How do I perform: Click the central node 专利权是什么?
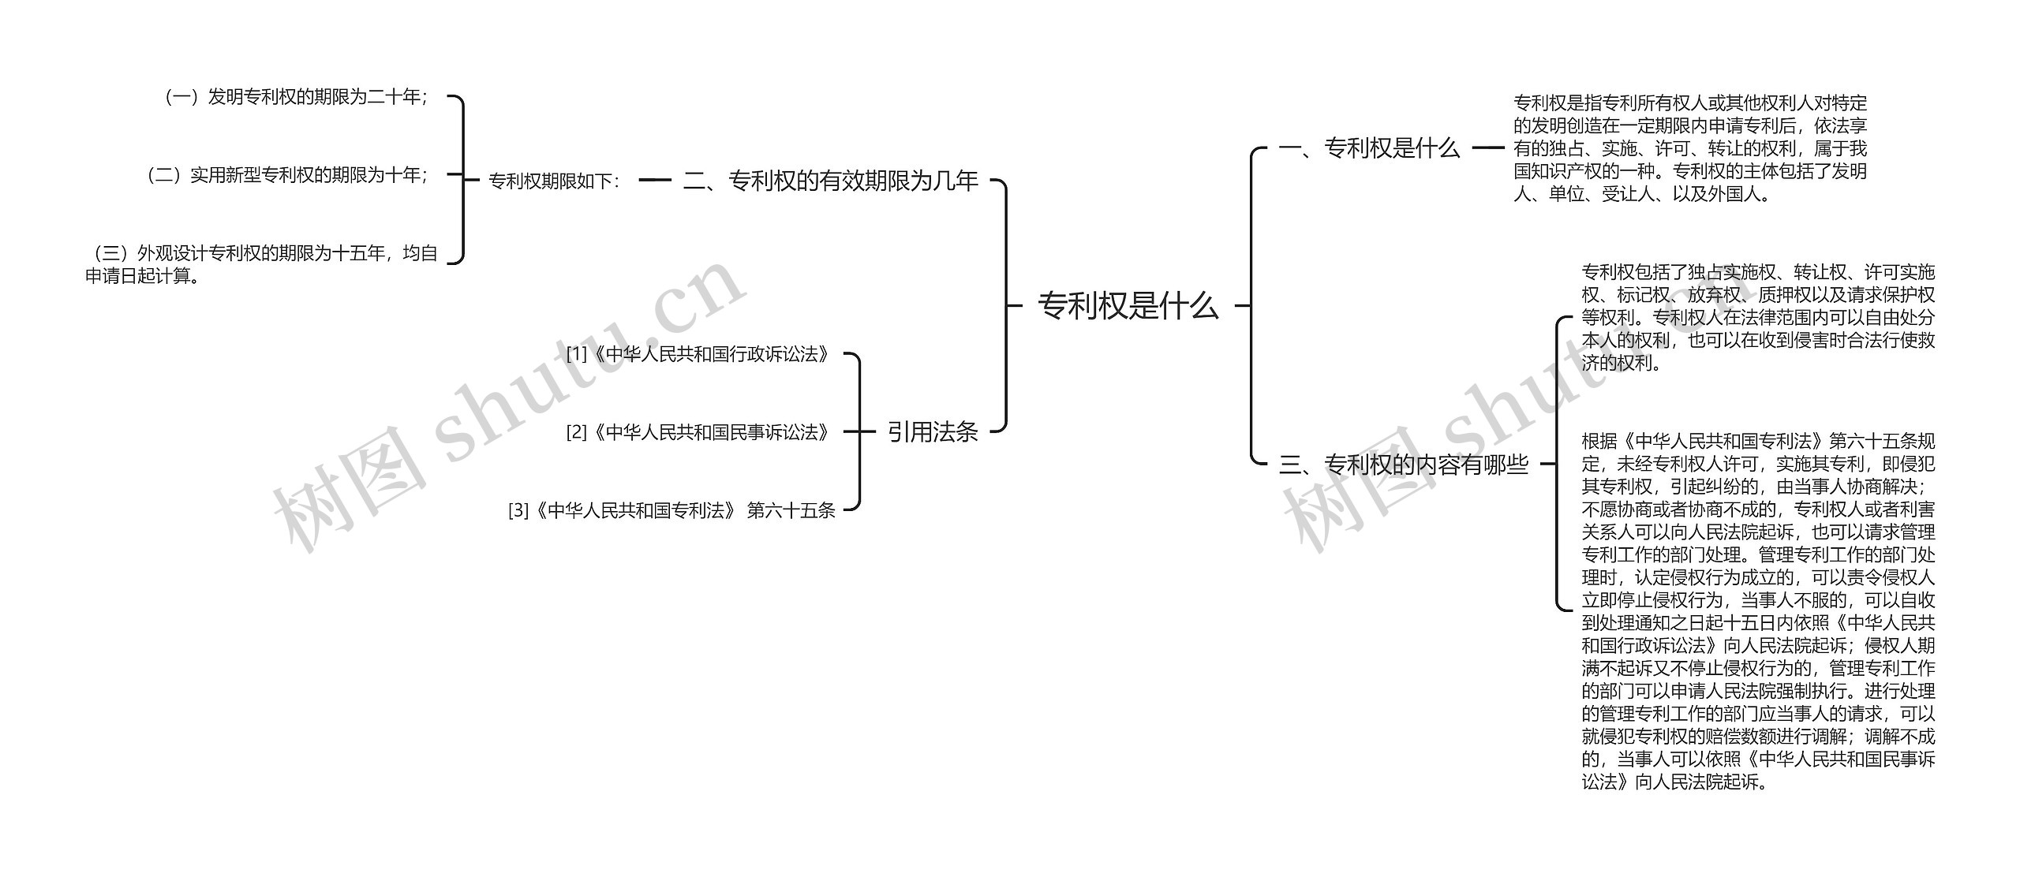[1128, 305]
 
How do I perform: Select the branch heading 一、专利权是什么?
[1369, 147]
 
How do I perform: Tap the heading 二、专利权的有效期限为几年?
[830, 181]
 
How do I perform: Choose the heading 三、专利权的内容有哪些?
[1404, 465]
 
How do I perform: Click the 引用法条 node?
[933, 431]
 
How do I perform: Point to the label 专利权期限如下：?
[555, 181]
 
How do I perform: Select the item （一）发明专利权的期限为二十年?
[295, 97]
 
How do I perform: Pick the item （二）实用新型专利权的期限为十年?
[287, 174]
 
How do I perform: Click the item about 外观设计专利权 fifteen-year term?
[261, 264]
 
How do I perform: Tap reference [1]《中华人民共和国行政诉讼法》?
[698, 354]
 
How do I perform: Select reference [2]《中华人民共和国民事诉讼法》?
[698, 432]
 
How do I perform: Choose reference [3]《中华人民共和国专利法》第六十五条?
[671, 510]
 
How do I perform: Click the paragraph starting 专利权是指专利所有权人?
[1689, 147]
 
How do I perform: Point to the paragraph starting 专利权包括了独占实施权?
[1758, 317]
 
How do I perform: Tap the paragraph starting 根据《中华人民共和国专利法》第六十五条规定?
[1758, 611]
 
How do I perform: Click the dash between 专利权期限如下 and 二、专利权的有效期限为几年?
[654, 181]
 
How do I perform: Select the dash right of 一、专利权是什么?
[1488, 147]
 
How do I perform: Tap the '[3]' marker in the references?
[518, 511]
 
